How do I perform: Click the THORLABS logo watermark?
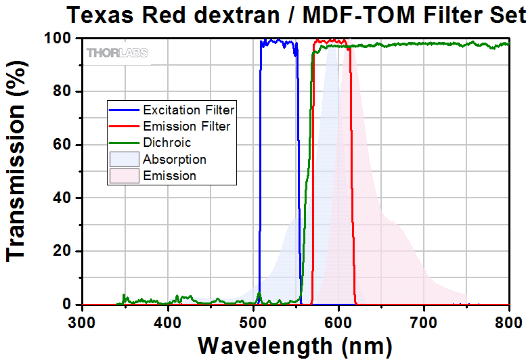pyautogui.click(x=117, y=53)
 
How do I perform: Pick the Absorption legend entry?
pyautogui.click(x=174, y=160)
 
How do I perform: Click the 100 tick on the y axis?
pyautogui.click(x=58, y=39)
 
